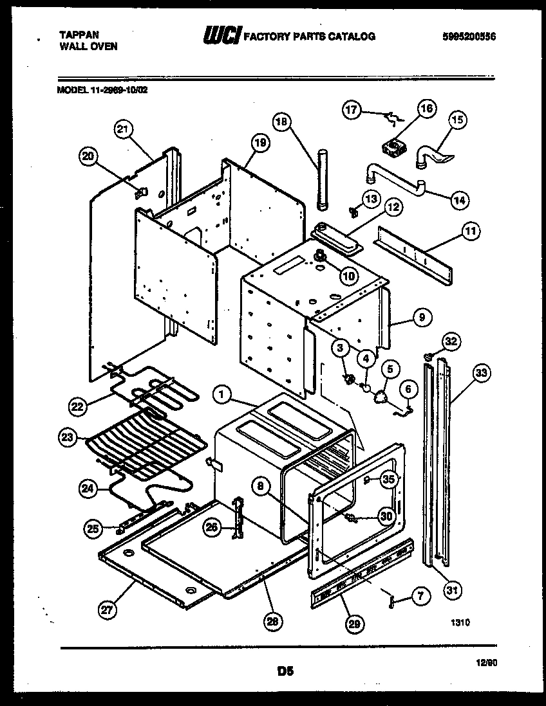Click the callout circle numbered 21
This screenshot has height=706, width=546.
coord(123,129)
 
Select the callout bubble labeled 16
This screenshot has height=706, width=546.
coord(428,108)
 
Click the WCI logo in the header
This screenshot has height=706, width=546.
coord(221,37)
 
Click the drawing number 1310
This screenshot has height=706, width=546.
coord(460,622)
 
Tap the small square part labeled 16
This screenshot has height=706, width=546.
coord(392,148)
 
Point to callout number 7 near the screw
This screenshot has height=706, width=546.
coord(419,596)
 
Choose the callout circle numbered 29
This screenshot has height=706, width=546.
coord(353,622)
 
